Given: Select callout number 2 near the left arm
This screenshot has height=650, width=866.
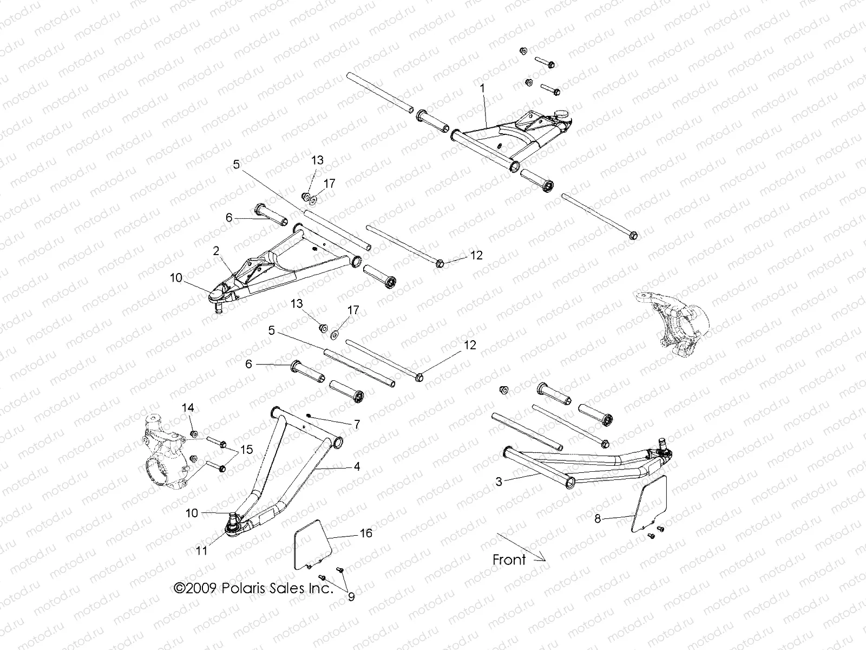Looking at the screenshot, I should (x=216, y=251).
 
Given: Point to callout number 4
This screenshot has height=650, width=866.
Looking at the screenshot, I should (x=357, y=466).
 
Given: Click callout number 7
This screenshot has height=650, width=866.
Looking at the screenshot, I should (x=357, y=425).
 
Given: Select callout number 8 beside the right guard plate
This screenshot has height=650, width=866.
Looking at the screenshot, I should (x=598, y=518).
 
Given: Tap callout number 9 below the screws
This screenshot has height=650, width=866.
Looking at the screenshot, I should (x=351, y=597).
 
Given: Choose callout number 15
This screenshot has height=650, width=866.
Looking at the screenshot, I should (x=247, y=449).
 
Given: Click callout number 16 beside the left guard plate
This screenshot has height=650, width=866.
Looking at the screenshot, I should (x=366, y=534).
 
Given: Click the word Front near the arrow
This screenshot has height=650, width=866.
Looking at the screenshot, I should (x=509, y=560).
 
